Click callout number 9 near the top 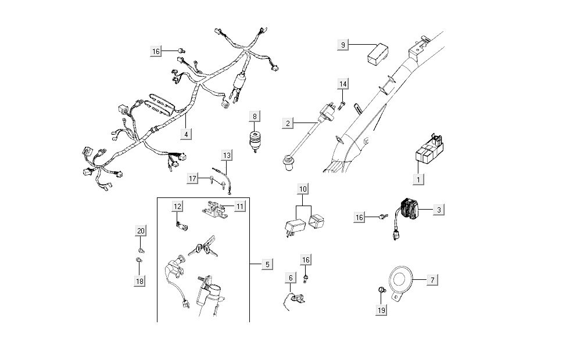343,45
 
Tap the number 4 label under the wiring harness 186,134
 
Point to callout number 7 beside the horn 432,280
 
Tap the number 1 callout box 417,179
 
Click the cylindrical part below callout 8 254,140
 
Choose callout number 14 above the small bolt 343,84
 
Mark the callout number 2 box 287,123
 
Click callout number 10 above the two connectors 303,189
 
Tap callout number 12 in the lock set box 177,206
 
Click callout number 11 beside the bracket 240,206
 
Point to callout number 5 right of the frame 267,264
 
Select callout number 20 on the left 140,231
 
